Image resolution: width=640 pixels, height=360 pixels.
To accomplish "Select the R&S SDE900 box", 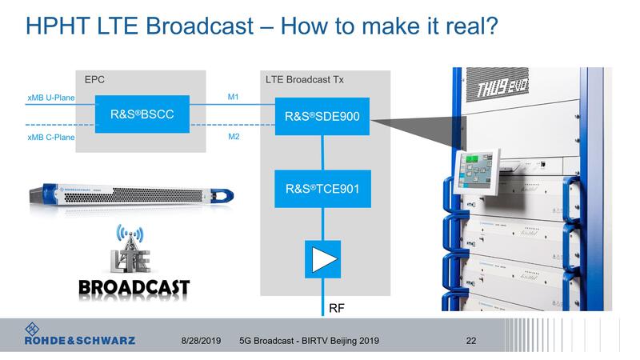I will pos(322,116).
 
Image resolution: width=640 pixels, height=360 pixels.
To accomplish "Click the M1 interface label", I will pos(234,98).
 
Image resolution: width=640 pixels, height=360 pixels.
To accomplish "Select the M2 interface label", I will pos(234,136).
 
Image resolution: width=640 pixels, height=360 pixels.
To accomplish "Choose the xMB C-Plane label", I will pos(50,137).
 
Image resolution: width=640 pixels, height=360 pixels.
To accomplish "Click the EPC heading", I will pos(94,80).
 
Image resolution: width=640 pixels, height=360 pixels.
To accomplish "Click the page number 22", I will pos(471,341).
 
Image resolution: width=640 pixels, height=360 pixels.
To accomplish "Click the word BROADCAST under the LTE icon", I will pos(135,287).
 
